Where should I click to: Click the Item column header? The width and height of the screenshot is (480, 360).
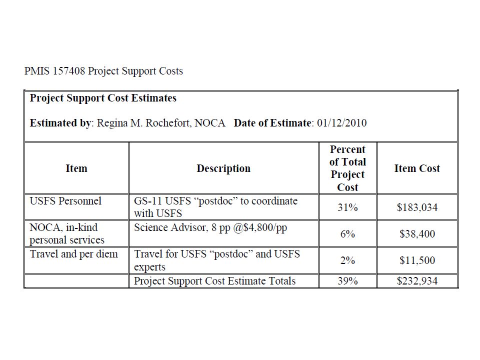pos(76,168)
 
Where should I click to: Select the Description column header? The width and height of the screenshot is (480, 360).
pos(223,168)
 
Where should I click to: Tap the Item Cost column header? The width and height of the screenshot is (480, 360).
pos(417,168)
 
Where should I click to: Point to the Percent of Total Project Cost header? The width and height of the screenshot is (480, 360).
pos(347,168)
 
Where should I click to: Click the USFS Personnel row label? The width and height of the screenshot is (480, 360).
pos(65,201)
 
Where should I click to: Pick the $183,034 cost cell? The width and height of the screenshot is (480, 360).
pos(417,207)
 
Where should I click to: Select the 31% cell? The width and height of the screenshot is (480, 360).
pos(347,207)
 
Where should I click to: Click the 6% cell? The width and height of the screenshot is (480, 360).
pos(347,234)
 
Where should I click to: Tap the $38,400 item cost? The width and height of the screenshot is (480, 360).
pos(417,234)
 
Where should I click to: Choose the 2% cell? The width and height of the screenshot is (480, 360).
pos(347,260)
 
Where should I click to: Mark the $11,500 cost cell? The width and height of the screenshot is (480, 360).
pos(417,260)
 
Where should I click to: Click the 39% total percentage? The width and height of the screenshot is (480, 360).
pos(347,281)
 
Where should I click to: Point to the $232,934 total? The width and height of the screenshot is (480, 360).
pos(417,281)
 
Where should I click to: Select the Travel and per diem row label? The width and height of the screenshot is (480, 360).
pos(74,254)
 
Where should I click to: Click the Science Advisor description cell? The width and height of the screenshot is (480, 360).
pos(210,227)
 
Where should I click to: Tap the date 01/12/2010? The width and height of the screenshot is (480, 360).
pos(341,123)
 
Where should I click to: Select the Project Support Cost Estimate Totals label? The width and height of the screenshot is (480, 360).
pos(214,281)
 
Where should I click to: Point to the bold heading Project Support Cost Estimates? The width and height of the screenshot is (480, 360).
pos(103,98)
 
